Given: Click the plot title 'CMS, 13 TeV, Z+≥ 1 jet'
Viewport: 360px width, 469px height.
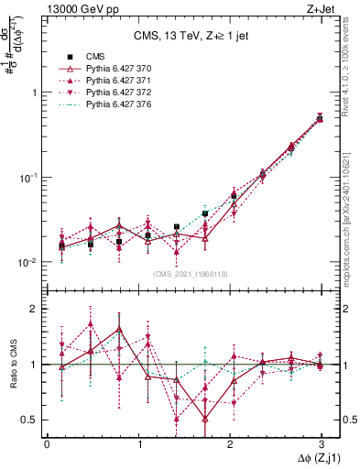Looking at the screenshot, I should click(x=183, y=36).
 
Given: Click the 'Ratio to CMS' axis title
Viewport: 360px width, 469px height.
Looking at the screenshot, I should click(x=12, y=364).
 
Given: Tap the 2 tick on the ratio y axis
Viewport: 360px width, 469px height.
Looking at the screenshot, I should click(x=33, y=310).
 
